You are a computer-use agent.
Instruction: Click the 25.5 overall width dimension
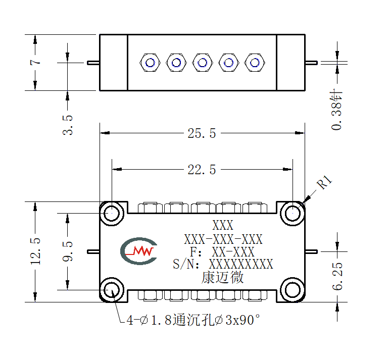click(202, 133)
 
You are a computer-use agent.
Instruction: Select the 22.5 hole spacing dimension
click(202, 170)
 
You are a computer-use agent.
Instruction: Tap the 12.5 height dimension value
click(35, 251)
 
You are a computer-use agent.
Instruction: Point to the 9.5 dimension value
click(68, 251)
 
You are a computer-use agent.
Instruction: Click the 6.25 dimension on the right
click(337, 276)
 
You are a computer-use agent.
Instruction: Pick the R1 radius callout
click(324, 182)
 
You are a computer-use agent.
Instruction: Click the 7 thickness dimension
click(35, 62)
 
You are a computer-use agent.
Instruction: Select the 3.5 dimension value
click(68, 125)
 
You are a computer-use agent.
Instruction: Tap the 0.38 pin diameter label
click(336, 110)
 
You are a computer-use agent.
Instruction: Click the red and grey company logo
click(139, 251)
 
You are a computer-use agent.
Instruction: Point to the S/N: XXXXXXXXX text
click(223, 264)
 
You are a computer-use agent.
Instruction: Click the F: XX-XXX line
click(222, 251)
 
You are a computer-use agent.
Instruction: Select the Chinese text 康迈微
click(222, 277)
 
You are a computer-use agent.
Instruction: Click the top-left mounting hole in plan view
click(112, 213)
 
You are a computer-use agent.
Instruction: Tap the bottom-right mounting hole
click(293, 290)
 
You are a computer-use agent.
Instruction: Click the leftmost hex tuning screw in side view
click(150, 63)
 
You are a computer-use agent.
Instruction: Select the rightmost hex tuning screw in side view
click(255, 63)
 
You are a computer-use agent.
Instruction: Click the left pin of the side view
click(93, 63)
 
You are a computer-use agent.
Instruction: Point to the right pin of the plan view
click(311, 251)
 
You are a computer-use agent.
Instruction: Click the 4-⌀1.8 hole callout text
click(193, 320)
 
